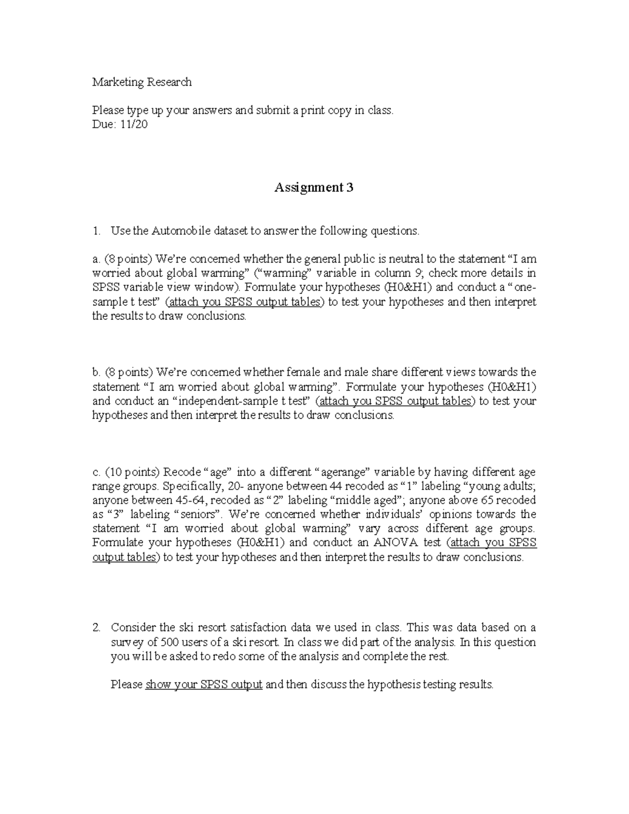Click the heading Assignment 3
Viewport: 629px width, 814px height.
pyautogui.click(x=314, y=188)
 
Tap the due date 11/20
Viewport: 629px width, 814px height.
pyautogui.click(x=135, y=125)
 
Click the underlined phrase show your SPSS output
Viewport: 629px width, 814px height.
pyautogui.click(x=204, y=685)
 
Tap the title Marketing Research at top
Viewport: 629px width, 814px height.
pyautogui.click(x=142, y=82)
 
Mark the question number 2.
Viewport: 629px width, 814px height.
pyautogui.click(x=96, y=628)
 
